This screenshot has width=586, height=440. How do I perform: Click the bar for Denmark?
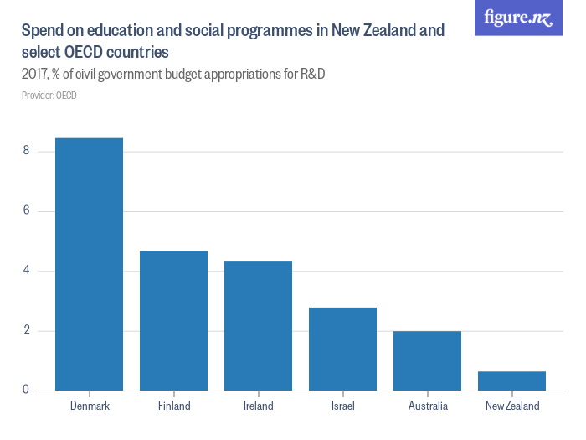pyautogui.click(x=89, y=264)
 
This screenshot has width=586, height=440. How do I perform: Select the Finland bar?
pyautogui.click(x=173, y=320)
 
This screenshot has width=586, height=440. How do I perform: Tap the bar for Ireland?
pyautogui.click(x=258, y=326)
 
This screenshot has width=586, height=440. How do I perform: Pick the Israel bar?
pyautogui.click(x=342, y=349)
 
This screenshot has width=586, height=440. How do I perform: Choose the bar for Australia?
pyautogui.click(x=427, y=360)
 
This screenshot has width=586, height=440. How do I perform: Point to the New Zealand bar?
pyautogui.click(x=511, y=380)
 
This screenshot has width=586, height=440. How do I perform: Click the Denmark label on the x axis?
pyautogui.click(x=89, y=406)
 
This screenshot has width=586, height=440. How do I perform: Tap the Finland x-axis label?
pyautogui.click(x=173, y=406)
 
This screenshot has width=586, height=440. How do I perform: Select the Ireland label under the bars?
pyautogui.click(x=258, y=406)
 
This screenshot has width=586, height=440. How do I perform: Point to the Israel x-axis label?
pyautogui.click(x=342, y=406)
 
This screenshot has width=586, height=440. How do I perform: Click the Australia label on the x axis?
pyautogui.click(x=427, y=406)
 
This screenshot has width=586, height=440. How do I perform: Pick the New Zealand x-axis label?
pyautogui.click(x=511, y=406)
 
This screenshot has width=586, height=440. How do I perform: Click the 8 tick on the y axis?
pyautogui.click(x=27, y=151)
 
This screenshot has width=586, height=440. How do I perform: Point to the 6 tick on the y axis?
pyautogui.click(x=27, y=211)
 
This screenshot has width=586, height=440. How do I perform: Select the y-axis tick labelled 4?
pyautogui.click(x=27, y=271)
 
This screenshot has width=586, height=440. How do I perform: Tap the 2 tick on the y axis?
pyautogui.click(x=27, y=330)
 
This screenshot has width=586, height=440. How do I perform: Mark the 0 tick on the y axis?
pyautogui.click(x=27, y=391)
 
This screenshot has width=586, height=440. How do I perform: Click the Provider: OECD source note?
pyautogui.click(x=49, y=96)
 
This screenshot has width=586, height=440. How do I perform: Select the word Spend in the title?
pyautogui.click(x=44, y=31)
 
